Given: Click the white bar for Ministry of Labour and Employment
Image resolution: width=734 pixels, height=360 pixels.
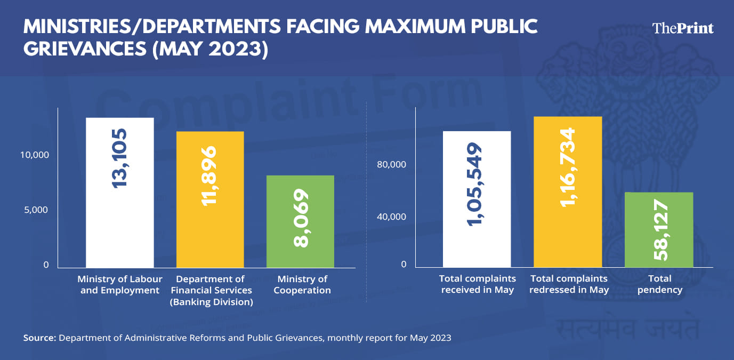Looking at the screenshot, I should click(x=119, y=224).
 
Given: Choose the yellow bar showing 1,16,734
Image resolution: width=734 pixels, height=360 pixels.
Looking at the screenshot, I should click(x=568, y=235).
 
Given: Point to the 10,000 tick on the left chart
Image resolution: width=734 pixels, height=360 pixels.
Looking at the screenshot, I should click(x=35, y=155).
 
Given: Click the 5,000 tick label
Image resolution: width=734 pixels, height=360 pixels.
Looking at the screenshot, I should click(x=37, y=210).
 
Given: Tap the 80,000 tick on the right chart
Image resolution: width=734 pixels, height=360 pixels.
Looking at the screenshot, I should click(x=392, y=165).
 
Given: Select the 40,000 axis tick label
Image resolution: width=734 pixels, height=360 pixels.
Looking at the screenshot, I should click(x=392, y=217).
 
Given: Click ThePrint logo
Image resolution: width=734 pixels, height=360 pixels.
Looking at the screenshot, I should click(x=683, y=28).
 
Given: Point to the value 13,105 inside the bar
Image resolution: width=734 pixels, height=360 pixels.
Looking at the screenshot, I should click(x=120, y=157).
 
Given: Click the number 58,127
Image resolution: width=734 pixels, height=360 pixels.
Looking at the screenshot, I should click(x=659, y=230).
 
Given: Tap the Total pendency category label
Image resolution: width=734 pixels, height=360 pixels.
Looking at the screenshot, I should click(x=659, y=284).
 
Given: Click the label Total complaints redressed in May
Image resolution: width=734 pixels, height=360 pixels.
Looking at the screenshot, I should click(x=569, y=284).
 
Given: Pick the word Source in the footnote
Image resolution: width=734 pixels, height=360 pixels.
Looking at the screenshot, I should click(x=39, y=338).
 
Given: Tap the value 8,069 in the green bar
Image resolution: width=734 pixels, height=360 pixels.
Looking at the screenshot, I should click(x=301, y=218).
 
